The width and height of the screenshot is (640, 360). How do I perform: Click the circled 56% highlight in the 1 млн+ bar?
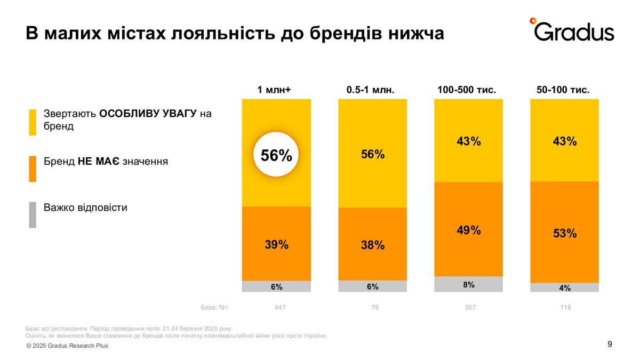point(276,155)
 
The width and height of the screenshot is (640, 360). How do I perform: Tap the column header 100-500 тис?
point(467,90)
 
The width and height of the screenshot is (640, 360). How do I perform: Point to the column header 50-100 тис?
point(563,90)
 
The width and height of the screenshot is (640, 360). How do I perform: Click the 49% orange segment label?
point(469,230)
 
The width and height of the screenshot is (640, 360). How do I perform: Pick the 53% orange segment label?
point(565,234)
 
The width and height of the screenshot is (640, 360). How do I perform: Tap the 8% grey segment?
point(469,284)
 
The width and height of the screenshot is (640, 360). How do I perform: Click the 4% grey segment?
point(565,288)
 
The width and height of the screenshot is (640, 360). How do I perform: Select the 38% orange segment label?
point(373,245)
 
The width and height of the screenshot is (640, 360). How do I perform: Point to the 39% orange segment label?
point(276,244)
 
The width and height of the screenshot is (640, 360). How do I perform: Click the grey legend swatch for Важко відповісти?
point(33,214)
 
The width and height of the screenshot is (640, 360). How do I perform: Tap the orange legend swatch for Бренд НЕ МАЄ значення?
point(33,169)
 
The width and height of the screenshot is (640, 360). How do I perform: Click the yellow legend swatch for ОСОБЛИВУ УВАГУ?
point(33,122)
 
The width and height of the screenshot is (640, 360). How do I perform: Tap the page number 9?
point(610,344)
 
